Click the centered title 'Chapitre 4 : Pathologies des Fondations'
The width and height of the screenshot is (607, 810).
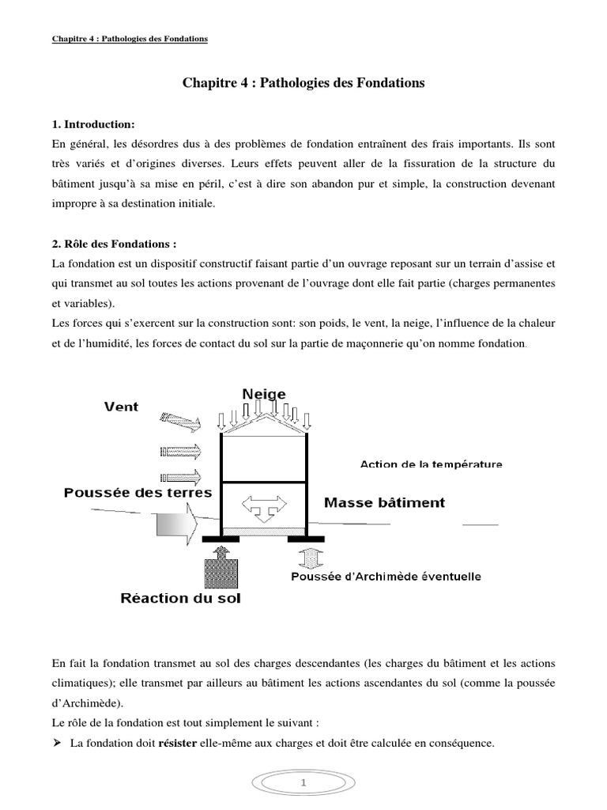[303, 83]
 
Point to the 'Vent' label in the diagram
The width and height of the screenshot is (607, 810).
[121, 407]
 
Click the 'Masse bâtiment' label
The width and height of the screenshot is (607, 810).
[384, 502]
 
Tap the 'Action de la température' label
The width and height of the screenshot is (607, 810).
[431, 464]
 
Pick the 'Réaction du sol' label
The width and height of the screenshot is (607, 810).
[180, 598]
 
